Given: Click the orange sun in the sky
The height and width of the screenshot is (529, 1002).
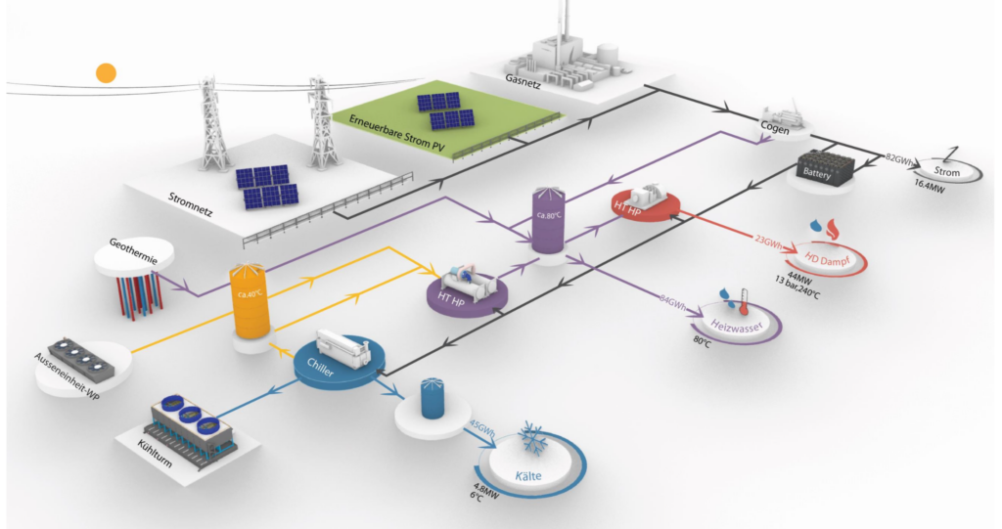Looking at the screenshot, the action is point(106,72).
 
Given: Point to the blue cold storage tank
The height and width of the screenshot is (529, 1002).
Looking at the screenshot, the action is point(433,399).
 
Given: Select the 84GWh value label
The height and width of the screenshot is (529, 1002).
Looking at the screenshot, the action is point(672,302).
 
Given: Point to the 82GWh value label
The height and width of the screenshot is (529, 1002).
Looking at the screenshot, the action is point(898,159).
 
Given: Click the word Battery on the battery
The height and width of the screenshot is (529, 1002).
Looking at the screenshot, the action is point(817,173).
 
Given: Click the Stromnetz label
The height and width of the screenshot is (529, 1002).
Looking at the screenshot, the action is point(190,203).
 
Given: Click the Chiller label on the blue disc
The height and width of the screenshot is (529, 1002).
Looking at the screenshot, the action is point(320,368).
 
